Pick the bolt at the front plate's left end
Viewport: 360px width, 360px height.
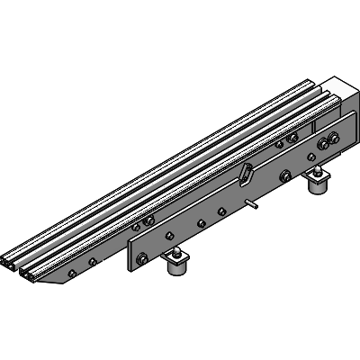(140, 261)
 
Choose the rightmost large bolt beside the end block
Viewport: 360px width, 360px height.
(335, 139)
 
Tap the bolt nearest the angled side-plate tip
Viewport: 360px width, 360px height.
(93, 263)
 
